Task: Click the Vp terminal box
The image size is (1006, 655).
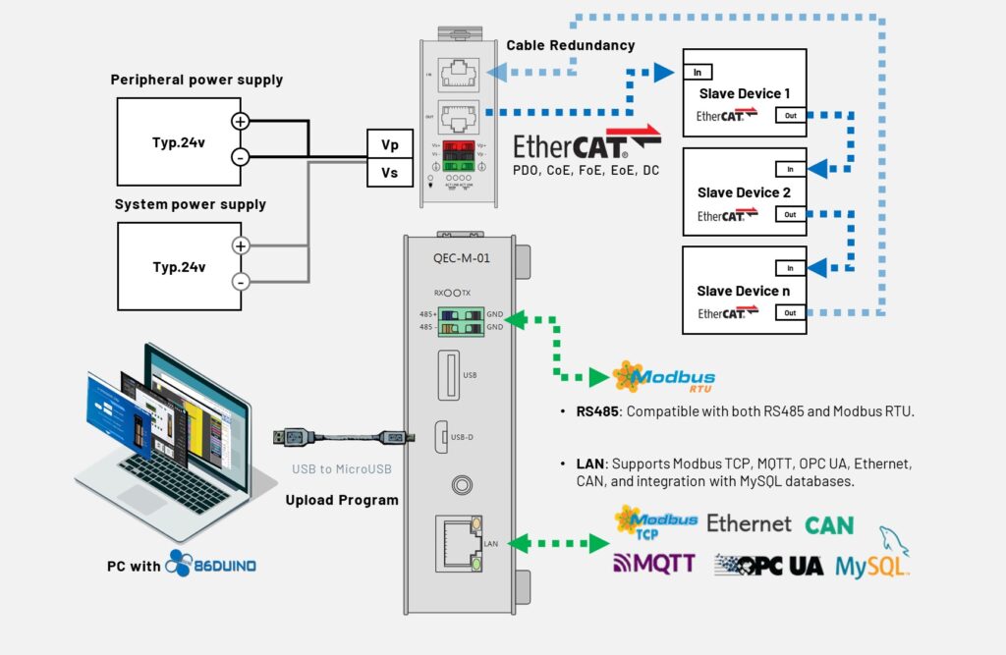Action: coord(390,143)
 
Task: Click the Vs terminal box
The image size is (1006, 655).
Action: coord(390,173)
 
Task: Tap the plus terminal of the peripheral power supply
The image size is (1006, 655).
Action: coord(240,121)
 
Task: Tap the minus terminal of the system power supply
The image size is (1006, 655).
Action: coord(240,282)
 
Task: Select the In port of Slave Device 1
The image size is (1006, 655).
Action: coord(698,73)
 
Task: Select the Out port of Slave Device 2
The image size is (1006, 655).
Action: coord(791,214)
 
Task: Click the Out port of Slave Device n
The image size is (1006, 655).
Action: coord(791,312)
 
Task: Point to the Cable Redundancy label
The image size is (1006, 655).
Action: coord(570,45)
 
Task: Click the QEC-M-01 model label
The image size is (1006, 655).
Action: coord(461,259)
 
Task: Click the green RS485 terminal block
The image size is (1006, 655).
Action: coord(461,320)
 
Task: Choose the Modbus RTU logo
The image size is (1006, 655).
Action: coord(663,377)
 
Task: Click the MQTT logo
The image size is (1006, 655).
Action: coord(654,563)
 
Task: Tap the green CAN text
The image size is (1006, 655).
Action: coord(829,525)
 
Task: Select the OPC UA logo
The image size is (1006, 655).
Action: coord(769,565)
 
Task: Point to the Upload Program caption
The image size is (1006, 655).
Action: coord(342,500)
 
